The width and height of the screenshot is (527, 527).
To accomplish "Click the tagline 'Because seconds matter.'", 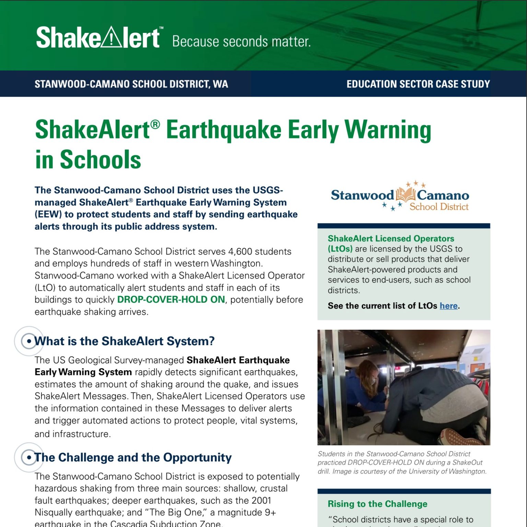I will [x=241, y=42].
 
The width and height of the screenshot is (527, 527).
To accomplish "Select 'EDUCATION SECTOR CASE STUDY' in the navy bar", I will [x=418, y=84].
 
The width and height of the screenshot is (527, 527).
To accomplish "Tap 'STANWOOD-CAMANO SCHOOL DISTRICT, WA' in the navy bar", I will [x=131, y=84].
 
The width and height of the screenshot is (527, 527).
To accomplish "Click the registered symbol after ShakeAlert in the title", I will [x=155, y=125].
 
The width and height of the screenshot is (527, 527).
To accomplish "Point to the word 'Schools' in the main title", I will [x=101, y=160].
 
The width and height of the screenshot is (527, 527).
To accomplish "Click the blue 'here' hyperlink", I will [x=448, y=306].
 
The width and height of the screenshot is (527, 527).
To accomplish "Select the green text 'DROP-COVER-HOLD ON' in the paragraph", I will [x=171, y=300].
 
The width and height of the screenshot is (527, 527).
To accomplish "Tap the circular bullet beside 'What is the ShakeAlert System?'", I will [x=29, y=341].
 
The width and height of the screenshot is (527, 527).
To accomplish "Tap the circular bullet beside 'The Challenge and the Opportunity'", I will [x=29, y=457].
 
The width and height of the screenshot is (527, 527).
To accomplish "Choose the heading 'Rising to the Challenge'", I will [x=377, y=504].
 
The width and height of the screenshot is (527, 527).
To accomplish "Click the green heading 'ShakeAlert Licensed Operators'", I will [x=391, y=238].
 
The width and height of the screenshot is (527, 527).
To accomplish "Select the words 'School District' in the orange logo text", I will [x=439, y=207].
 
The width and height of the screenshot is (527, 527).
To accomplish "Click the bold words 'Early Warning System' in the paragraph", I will [x=83, y=372].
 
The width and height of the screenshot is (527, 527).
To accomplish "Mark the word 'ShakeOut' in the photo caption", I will [x=467, y=462].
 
